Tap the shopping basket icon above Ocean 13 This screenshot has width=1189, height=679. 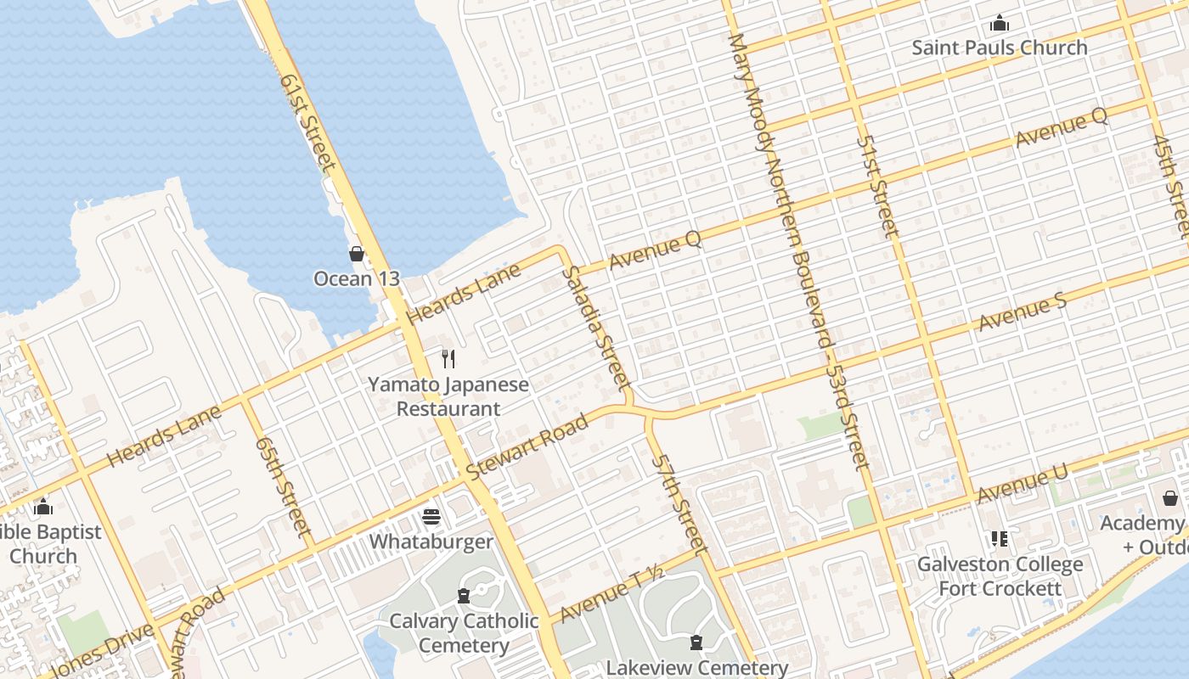tap(357, 254)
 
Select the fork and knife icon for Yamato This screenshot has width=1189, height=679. tap(448, 359)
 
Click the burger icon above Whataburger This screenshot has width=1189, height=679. tap(431, 517)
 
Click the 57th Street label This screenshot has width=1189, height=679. tap(679, 502)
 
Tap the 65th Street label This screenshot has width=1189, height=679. tap(283, 485)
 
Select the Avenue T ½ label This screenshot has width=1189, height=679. tap(611, 593)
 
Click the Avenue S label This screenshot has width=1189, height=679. tap(1022, 314)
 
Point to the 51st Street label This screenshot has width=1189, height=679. tap(877, 186)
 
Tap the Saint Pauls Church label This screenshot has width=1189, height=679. tap(1000, 48)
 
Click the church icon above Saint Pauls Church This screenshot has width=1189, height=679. tap(1000, 23)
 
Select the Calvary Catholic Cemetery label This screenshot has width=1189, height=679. tap(464, 633)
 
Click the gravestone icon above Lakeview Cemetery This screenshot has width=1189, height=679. tap(696, 643)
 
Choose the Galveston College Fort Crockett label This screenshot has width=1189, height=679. tap(1000, 576)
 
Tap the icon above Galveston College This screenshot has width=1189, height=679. tap(1000, 539)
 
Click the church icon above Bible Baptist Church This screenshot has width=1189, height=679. tap(43, 508)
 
